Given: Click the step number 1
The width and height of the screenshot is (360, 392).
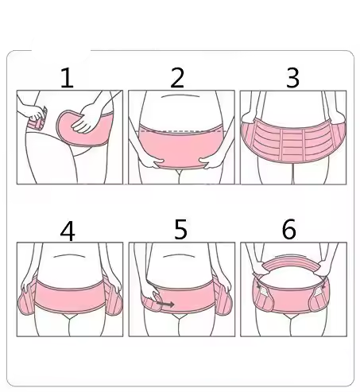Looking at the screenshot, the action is point(67,78).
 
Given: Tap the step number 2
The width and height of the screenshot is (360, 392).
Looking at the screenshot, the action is point(177,78).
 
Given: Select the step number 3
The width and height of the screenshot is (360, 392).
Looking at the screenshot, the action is point(292,78).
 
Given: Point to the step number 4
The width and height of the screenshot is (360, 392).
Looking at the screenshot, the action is point(68,231).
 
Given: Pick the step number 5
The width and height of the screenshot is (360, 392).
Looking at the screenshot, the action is point(180,230).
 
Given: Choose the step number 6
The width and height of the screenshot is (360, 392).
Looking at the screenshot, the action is point(288,230).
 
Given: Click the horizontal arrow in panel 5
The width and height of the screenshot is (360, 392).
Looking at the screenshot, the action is point(165,304).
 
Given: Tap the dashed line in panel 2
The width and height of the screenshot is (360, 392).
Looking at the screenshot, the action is point(182,130).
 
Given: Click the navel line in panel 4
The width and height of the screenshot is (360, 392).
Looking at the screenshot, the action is point(70,255).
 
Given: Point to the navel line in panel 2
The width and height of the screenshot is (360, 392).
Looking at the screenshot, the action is point(180,95).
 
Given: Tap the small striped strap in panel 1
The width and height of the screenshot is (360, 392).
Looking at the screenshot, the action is point(37,122).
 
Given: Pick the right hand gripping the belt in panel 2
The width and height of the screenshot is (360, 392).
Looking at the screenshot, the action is point(211,162).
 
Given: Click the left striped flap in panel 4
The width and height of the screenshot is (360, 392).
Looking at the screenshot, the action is point(27,298).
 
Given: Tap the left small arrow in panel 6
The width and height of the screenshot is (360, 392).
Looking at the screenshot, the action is point(258,285).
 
